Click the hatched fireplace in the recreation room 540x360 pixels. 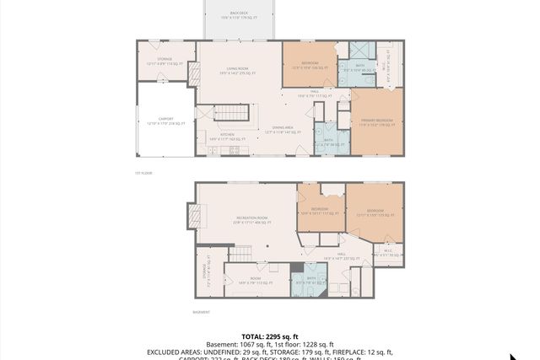pos(197,218)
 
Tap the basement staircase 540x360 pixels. pos(242,253)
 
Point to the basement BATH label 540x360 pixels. pos(313,279)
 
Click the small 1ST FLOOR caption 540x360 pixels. pos(143,174)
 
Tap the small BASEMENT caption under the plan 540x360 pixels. pos(202,312)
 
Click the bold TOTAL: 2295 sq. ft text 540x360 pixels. pos(270,336)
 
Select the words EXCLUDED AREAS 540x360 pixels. pos(177,352)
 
